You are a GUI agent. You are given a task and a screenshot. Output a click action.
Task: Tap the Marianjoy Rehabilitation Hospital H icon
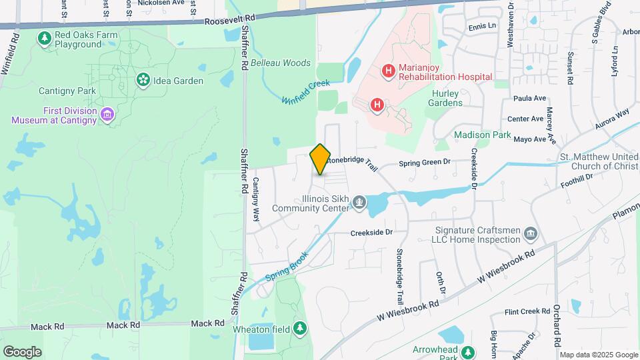(387, 70)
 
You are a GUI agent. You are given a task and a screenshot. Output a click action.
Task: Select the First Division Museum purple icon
(107, 115)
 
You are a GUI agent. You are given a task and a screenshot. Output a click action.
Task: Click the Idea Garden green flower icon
(143, 81)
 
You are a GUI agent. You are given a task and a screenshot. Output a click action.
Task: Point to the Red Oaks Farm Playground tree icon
(45, 39)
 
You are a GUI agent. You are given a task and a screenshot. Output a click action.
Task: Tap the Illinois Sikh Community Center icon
(359, 202)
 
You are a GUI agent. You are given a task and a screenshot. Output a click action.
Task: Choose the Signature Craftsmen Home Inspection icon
(531, 233)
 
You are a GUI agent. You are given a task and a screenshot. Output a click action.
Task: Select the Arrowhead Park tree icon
(468, 351)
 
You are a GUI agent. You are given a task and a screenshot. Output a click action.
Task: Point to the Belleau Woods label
(281, 63)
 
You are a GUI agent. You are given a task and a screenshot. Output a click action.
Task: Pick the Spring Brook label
(287, 266)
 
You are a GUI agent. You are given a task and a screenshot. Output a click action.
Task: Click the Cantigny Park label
(67, 91)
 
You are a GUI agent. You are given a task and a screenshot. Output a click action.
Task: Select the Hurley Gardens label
(447, 99)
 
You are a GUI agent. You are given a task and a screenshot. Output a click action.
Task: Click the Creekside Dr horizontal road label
(372, 233)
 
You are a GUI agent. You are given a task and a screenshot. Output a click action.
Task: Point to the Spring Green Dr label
(425, 162)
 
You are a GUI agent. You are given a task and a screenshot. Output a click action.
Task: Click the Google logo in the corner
(22, 351)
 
